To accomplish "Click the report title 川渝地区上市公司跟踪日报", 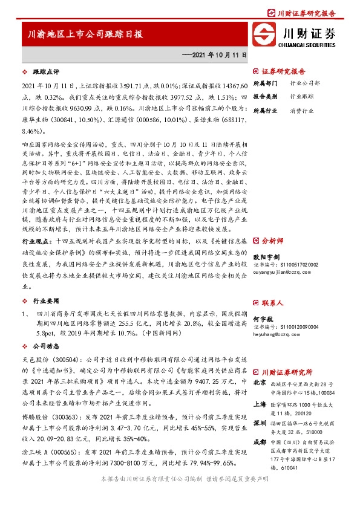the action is [85, 34].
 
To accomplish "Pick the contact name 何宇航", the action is [261, 318].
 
